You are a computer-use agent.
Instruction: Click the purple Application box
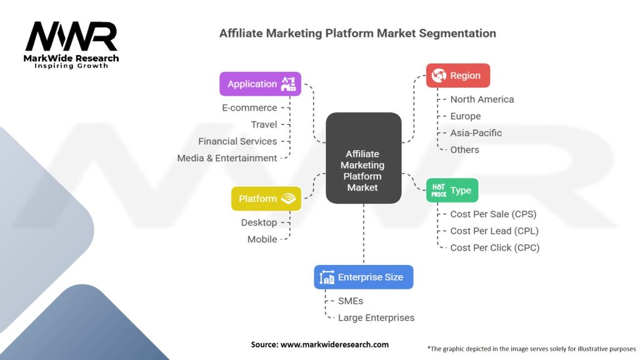point(260,84)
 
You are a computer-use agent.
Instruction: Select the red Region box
point(458,76)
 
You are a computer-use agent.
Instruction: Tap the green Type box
point(452,190)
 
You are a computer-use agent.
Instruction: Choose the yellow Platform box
point(266,198)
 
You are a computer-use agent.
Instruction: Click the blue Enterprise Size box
point(364,277)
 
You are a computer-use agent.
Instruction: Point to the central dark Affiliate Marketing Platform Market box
point(363,158)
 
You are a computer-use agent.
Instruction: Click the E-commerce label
point(249,107)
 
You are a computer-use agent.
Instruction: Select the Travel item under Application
point(264,124)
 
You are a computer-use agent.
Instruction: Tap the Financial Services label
point(237,141)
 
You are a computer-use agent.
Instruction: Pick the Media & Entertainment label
point(227,158)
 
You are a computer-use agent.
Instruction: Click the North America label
point(482,99)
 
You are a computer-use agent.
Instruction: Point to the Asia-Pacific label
point(476,132)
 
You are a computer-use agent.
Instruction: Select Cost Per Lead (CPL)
point(494,231)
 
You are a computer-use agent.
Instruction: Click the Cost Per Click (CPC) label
point(495,247)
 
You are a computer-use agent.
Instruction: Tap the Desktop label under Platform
point(259,222)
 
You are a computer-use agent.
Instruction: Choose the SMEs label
point(351,301)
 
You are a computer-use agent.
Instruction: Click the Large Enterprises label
point(376,317)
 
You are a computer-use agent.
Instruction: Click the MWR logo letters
point(71,36)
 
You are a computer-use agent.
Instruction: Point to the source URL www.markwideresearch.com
point(334,344)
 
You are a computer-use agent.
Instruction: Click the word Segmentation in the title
point(457,33)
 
